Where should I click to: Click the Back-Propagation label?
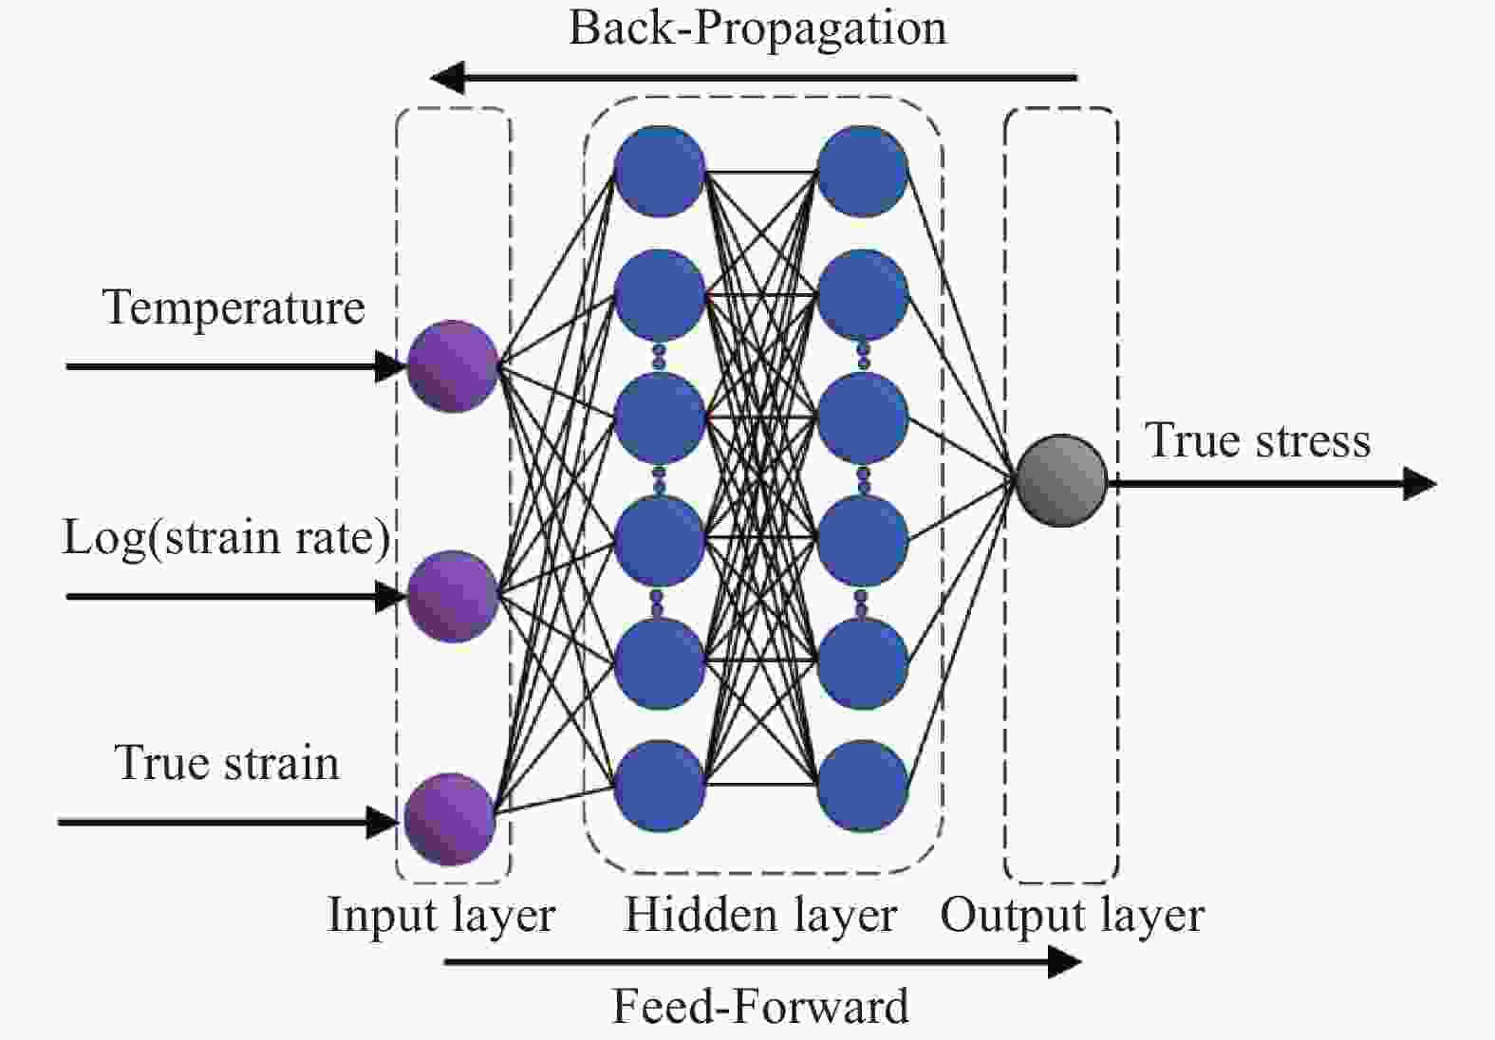point(757,28)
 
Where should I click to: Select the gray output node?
point(1061,480)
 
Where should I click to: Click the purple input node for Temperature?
point(453,366)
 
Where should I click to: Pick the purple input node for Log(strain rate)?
point(453,596)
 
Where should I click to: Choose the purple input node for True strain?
point(450,819)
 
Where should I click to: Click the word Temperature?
point(234,307)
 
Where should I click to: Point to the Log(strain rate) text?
point(226,537)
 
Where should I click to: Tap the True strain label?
point(227,763)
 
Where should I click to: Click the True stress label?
point(1259,440)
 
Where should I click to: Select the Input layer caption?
point(441,916)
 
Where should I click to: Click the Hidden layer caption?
point(760,916)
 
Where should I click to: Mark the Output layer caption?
point(1073,916)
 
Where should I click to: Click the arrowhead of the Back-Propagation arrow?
point(446,78)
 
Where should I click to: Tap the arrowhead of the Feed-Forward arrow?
point(1065,962)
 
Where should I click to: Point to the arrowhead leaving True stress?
point(1420,483)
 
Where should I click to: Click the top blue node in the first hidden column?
point(660,172)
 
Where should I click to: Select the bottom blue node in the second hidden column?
point(863,786)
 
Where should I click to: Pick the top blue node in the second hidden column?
point(863,172)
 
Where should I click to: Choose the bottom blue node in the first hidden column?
point(660,786)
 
